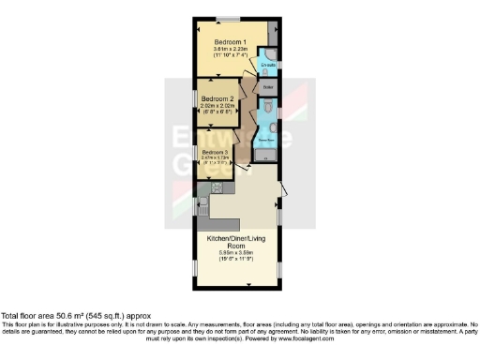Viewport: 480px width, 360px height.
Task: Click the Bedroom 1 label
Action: tap(230, 43)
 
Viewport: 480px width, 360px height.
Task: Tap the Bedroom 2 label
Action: tap(217, 98)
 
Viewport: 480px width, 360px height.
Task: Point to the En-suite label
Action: tap(267, 65)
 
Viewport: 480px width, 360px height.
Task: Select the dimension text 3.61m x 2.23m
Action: tap(230, 51)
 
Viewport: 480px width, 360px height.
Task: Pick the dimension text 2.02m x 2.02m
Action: tap(217, 106)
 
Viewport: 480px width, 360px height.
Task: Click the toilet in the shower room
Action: tap(269, 113)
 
